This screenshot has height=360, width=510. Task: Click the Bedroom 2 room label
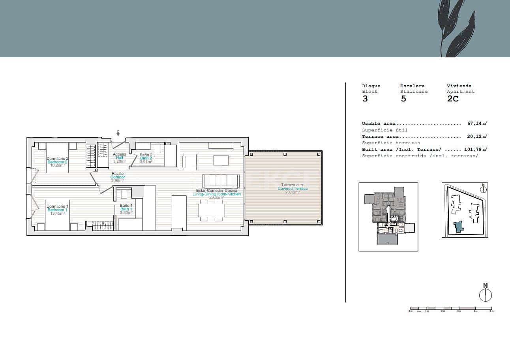pyautogui.click(x=57, y=162)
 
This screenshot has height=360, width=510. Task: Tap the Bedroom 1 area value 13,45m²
pyautogui.click(x=57, y=214)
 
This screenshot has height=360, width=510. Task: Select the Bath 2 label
pyautogui.click(x=146, y=158)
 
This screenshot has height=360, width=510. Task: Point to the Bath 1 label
pyautogui.click(x=126, y=209)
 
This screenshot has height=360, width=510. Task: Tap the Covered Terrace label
pyautogui.click(x=292, y=189)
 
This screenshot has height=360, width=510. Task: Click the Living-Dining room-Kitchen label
pyautogui.click(x=216, y=194)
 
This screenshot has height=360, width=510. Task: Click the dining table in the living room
pyautogui.click(x=212, y=210)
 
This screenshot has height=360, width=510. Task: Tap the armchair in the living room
pyautogui.click(x=189, y=162)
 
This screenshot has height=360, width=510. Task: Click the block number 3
pyautogui.click(x=365, y=99)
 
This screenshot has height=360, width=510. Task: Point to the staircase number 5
pyautogui.click(x=403, y=99)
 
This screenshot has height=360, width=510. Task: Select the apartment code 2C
pyautogui.click(x=453, y=99)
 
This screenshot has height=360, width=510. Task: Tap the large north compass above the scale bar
pyautogui.click(x=486, y=295)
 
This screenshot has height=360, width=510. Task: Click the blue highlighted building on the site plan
pyautogui.click(x=458, y=227)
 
